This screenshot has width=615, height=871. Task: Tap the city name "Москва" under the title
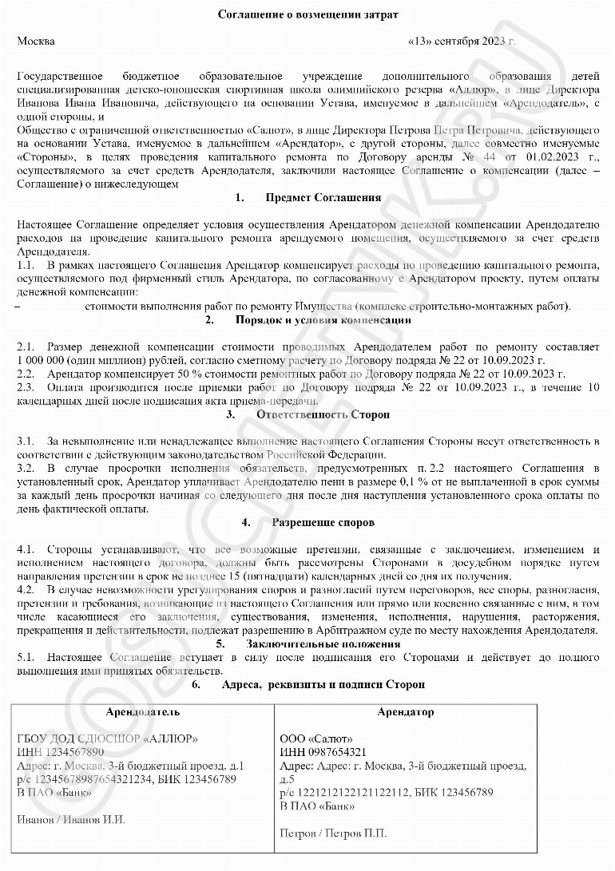(36, 41)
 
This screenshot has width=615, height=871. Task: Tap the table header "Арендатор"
(406, 711)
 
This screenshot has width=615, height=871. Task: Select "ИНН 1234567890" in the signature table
(61, 752)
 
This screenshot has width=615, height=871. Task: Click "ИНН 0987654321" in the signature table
(323, 752)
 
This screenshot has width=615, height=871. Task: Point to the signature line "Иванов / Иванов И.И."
(71, 819)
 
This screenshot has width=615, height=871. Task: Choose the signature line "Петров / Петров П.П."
(333, 833)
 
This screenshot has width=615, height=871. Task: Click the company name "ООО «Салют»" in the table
(316, 738)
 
